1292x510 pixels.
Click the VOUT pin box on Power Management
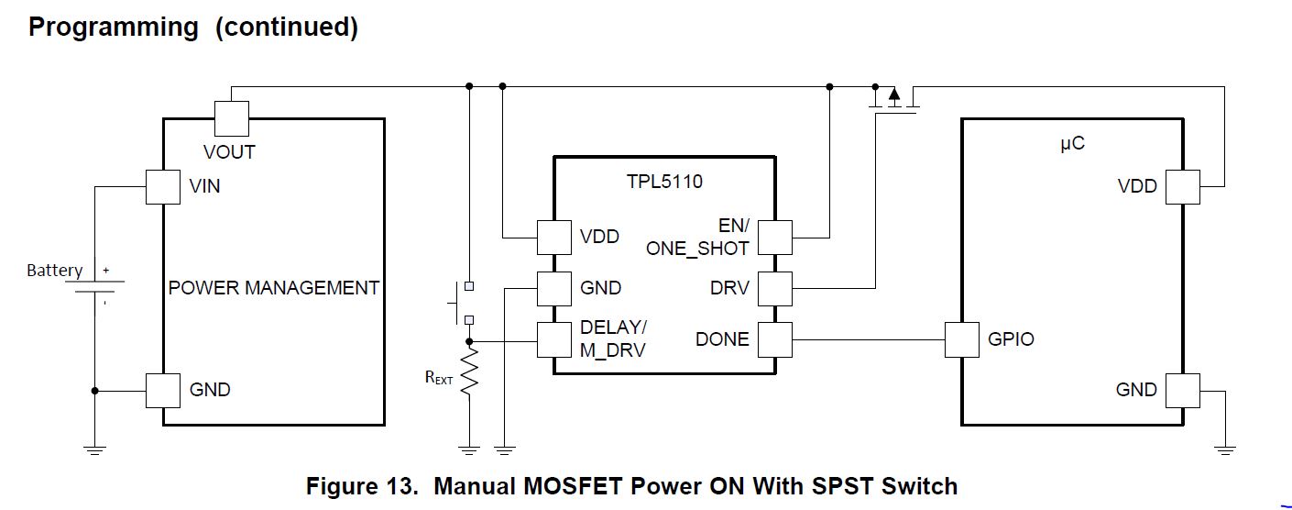coord(231,118)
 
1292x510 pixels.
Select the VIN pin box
coord(163,187)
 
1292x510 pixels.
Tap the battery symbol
coord(96,288)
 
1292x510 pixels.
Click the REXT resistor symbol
coord(469,372)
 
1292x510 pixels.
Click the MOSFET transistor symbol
coord(893,100)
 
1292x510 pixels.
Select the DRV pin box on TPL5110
coord(775,288)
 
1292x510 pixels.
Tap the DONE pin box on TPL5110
coord(775,339)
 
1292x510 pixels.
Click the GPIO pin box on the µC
coord(962,339)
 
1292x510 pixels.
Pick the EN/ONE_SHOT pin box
coord(775,238)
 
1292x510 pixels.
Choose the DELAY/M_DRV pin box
coord(553,339)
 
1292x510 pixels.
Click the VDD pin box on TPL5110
coord(553,238)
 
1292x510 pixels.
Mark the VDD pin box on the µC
coord(1182,187)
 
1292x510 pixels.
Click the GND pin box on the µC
coord(1182,390)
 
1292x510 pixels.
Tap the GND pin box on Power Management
coord(163,390)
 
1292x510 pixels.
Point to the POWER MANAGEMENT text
coord(273,288)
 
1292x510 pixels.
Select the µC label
coord(1072,145)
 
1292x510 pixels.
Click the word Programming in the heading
coord(114,28)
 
